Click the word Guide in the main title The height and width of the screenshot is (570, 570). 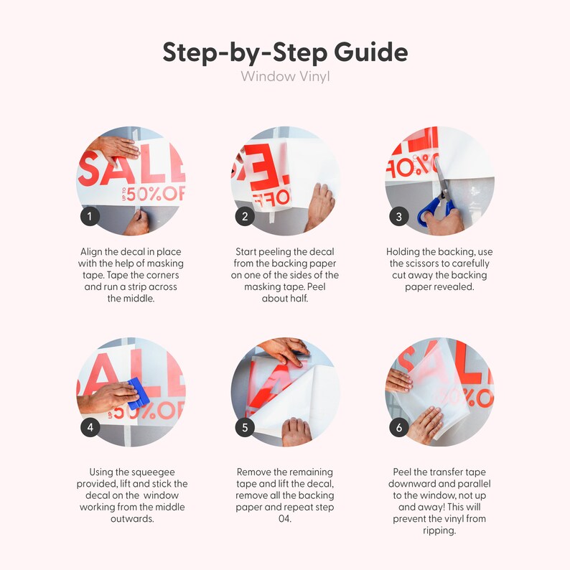371,52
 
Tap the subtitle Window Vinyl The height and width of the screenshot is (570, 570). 285,77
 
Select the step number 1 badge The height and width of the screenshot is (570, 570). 90,216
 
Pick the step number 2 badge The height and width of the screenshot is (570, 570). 245,216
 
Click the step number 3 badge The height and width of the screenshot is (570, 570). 398,216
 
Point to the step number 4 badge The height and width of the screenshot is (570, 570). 90,427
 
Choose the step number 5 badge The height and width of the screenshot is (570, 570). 245,427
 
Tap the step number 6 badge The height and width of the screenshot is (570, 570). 398,427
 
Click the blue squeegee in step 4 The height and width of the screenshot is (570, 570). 138,393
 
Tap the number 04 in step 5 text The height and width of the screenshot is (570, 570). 284,518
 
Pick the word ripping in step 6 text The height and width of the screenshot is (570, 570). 439,531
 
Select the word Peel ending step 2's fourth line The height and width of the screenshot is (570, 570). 317,286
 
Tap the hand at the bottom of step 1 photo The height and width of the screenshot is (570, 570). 137,223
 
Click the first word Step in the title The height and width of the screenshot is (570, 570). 191,52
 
